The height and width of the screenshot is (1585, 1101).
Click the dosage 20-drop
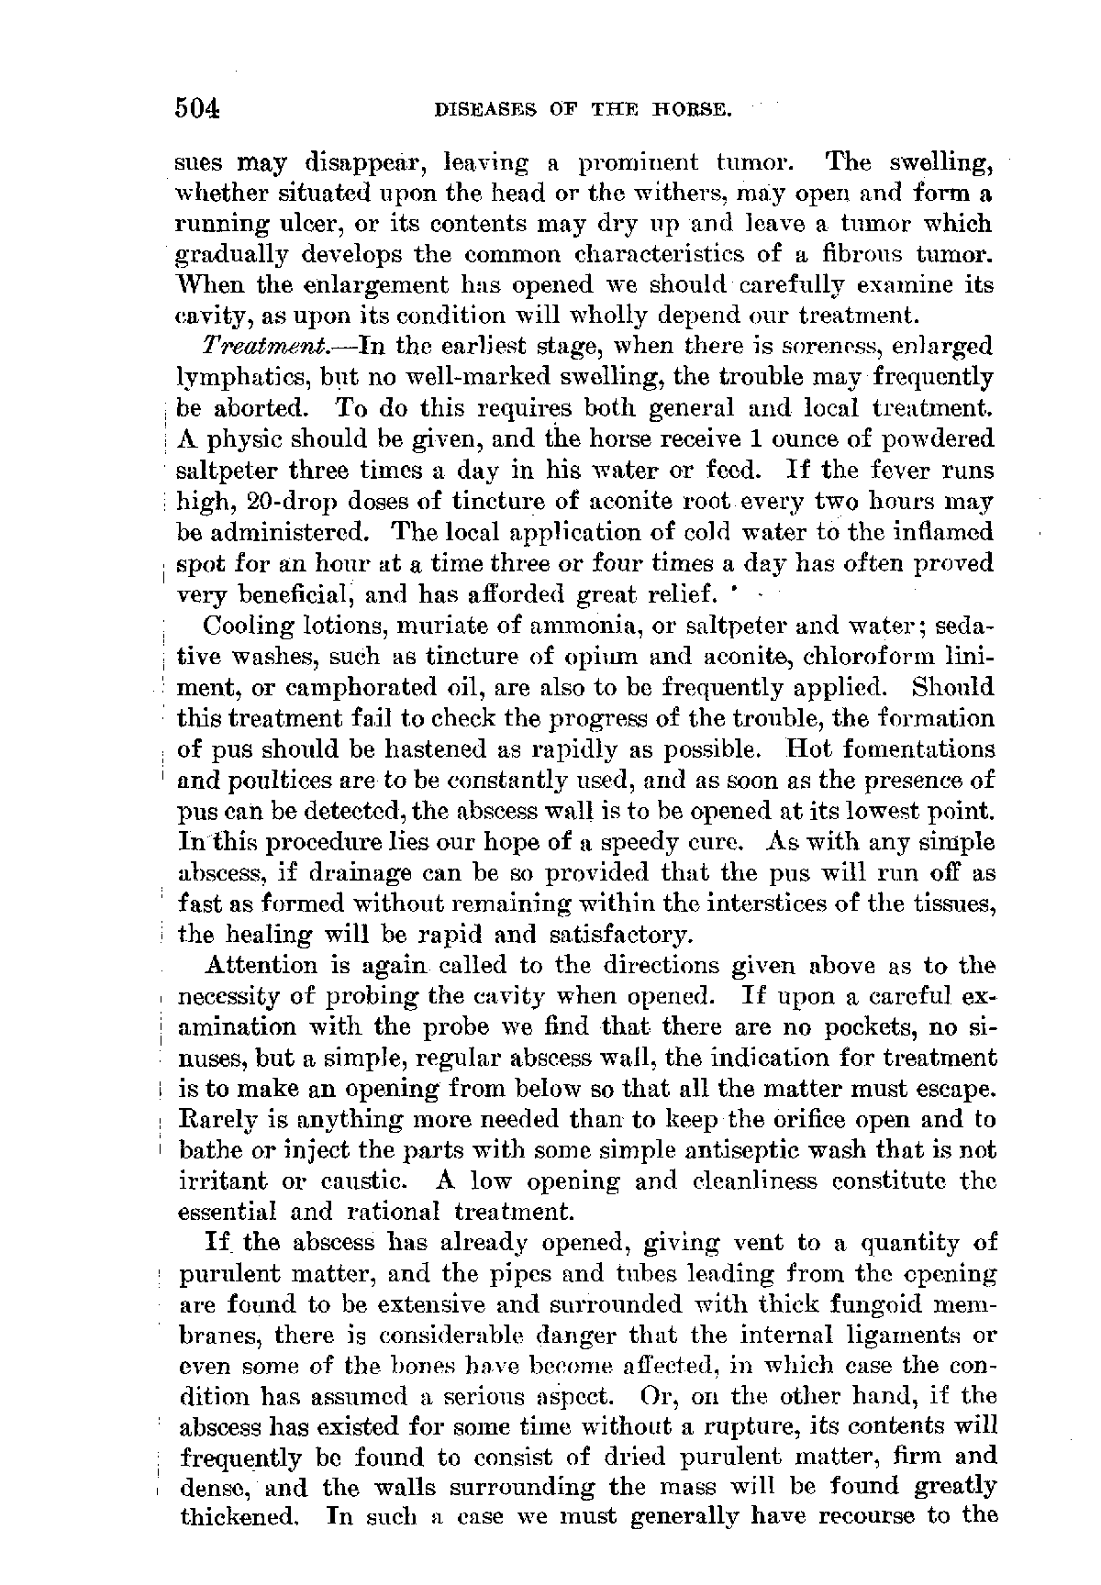pyautogui.click(x=265, y=503)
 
